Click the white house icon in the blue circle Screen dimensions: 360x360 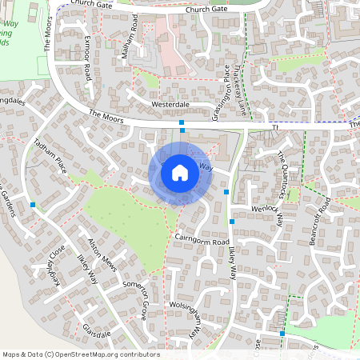180,172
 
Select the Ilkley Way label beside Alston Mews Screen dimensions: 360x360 86,270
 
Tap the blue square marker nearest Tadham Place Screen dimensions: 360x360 33,205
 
